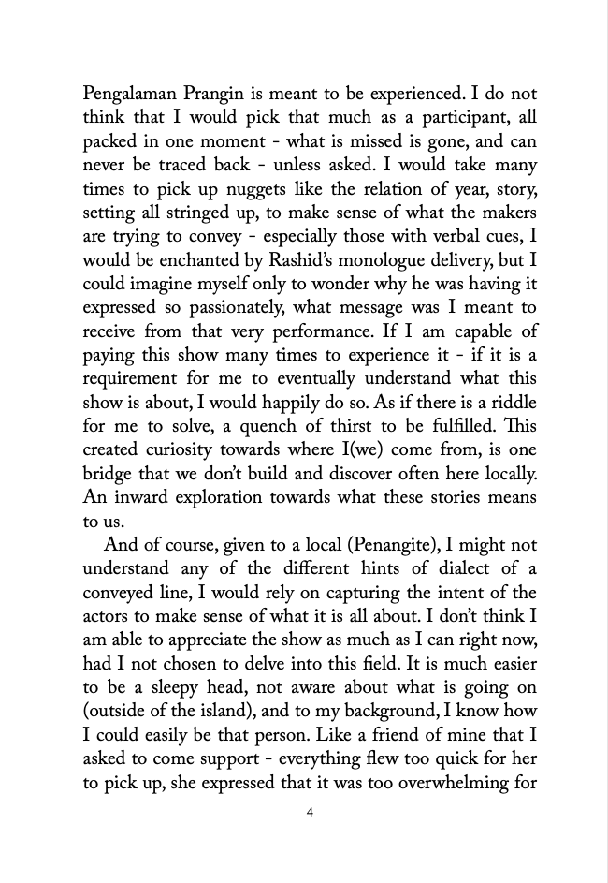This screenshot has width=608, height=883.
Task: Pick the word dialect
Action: [442, 569]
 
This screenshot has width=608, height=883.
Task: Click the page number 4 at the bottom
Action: [310, 812]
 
